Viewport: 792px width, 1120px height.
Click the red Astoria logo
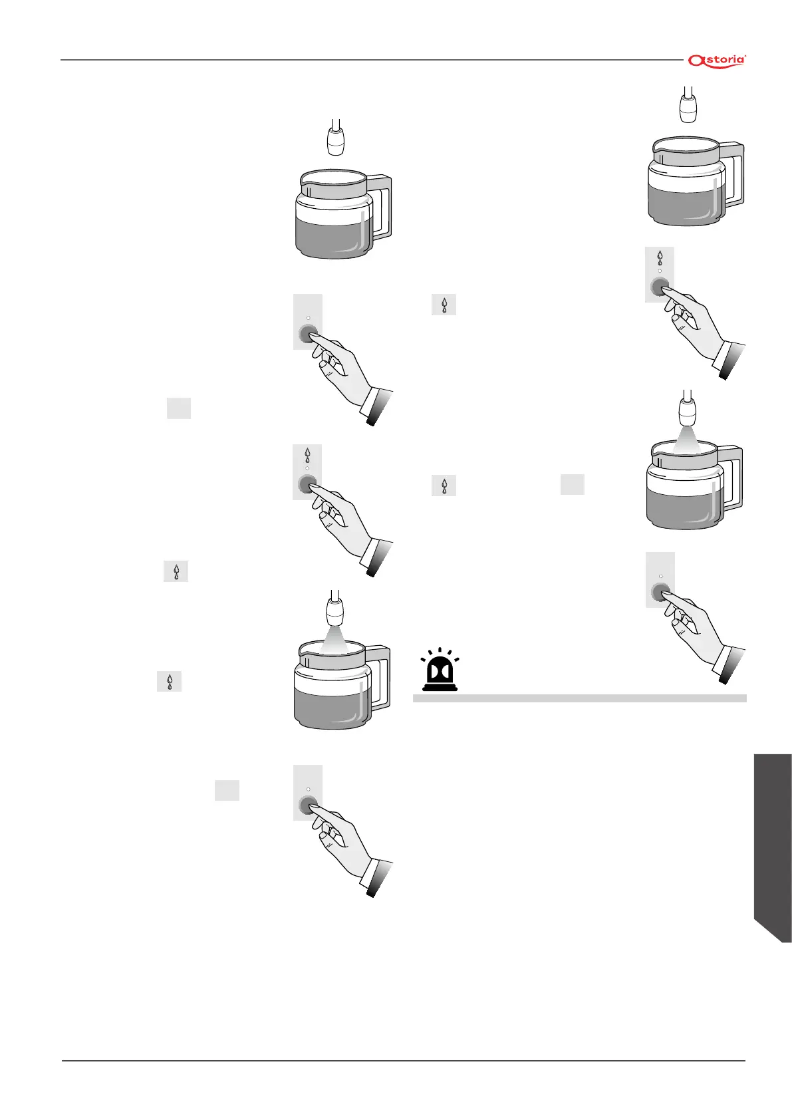point(717,61)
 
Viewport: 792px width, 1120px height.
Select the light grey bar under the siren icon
point(579,698)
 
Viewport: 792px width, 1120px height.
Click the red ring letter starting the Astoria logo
point(695,61)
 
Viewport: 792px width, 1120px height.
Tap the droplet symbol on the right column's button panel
point(660,257)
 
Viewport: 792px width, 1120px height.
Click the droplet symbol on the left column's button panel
point(307,456)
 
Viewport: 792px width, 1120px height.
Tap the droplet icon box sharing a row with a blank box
point(444,486)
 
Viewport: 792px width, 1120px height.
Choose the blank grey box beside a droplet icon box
point(572,485)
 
